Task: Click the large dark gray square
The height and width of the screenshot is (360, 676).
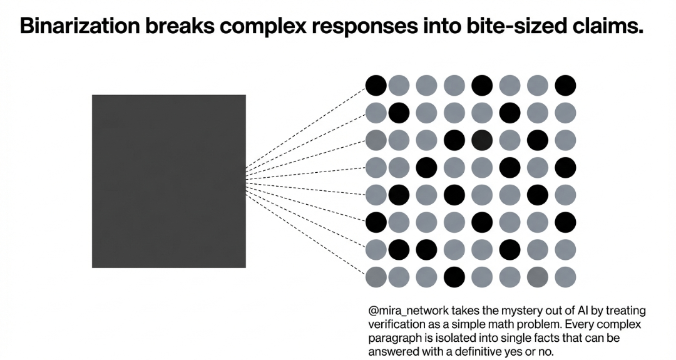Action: (x=168, y=181)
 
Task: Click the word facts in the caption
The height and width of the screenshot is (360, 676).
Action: (x=545, y=338)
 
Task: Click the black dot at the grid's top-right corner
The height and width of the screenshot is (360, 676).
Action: (x=565, y=85)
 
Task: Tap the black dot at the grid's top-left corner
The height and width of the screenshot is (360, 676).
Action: (x=376, y=85)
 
